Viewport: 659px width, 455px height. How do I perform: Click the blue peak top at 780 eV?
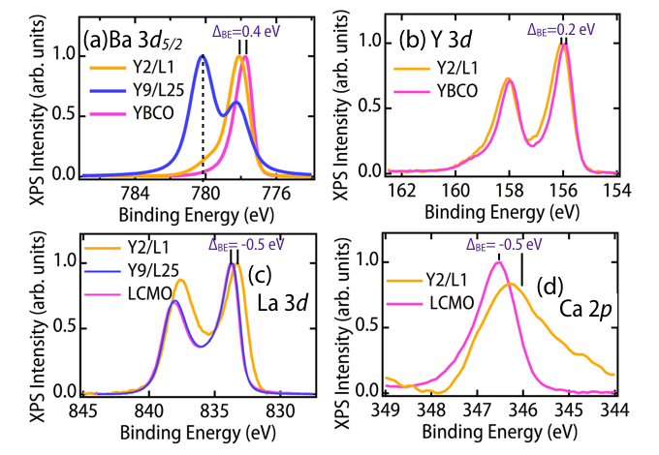coord(203,56)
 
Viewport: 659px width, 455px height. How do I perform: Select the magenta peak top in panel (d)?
coord(498,263)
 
